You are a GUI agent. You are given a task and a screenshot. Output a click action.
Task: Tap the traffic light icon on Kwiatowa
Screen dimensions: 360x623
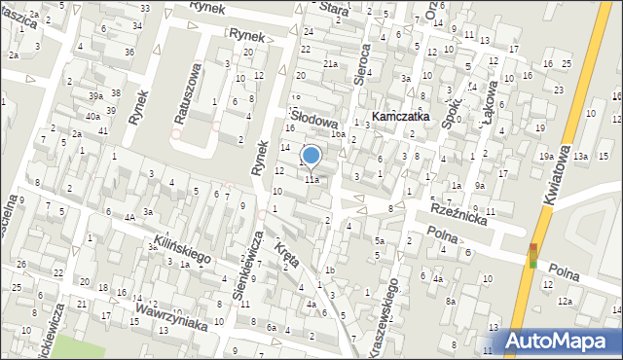coord(532,256)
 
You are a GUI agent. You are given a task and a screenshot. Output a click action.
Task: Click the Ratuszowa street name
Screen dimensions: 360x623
coord(188,94)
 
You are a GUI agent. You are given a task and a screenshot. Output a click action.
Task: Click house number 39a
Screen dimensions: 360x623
coord(95,95)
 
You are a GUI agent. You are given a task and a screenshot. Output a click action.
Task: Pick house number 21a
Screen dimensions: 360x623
coord(331,64)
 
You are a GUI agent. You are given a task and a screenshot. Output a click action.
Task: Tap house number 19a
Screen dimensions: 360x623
coord(547,156)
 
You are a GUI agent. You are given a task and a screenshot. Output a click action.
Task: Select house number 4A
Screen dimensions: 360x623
coord(129,218)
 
